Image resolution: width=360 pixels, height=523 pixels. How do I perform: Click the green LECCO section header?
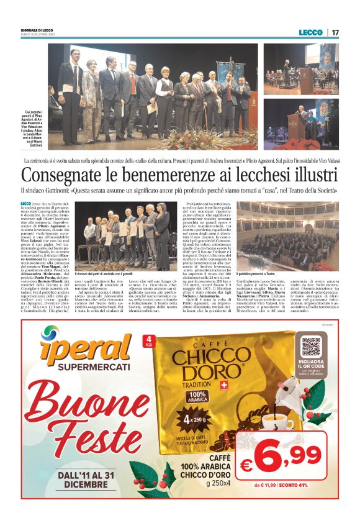pos(310,32)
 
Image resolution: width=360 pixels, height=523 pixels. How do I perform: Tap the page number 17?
pos(335,32)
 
